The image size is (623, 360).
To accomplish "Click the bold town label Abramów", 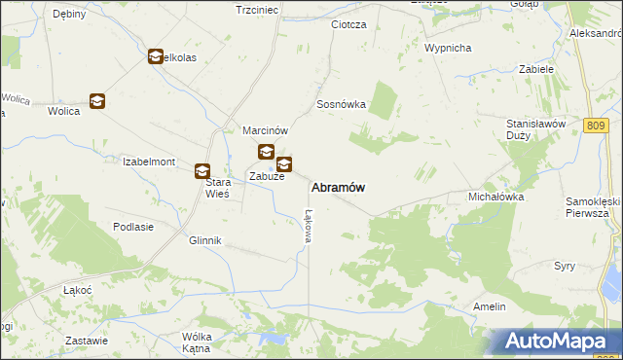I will tap(338, 187).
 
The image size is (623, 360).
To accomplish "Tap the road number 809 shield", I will tap(598, 126).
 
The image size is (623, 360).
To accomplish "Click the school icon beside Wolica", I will tap(96, 100).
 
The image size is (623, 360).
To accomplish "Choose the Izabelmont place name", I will tap(148, 162).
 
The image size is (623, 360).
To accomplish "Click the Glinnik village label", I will tap(205, 240).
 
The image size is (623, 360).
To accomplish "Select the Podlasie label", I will tap(133, 227).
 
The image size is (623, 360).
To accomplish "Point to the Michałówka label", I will tap(496, 196).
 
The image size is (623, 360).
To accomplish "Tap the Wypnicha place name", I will tap(448, 47).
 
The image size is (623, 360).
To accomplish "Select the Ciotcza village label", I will tap(348, 24).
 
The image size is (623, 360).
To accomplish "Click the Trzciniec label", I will tap(257, 9).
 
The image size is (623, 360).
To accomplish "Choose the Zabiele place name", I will tap(536, 70).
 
